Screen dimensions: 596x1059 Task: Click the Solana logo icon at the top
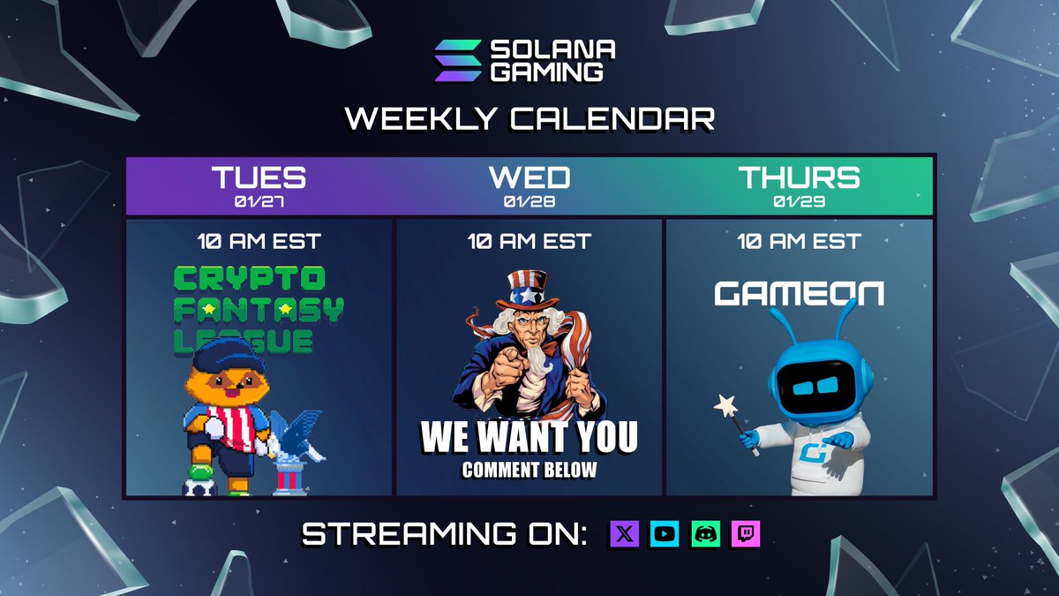[x=458, y=61]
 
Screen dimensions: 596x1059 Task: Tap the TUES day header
[x=259, y=177]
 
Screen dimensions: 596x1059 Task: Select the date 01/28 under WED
[x=529, y=202]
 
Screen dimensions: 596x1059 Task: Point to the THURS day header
[x=799, y=177]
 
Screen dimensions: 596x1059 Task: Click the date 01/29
[x=799, y=202]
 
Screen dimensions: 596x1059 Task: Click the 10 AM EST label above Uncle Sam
[x=529, y=240]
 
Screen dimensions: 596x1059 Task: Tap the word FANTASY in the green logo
[x=259, y=310]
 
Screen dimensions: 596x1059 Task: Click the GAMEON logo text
[x=799, y=293]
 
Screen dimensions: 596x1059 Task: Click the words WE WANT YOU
[x=529, y=437]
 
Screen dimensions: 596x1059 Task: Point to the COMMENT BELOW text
[x=529, y=470]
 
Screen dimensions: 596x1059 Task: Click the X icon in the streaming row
[x=624, y=533]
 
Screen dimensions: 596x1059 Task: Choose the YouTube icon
[x=665, y=533]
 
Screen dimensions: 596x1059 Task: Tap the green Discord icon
[x=705, y=533]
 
